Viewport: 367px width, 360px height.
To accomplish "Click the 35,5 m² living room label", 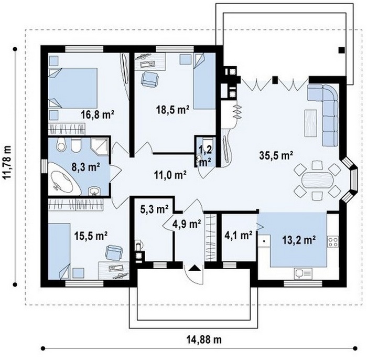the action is click(276, 155).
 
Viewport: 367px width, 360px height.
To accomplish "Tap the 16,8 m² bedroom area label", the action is click(98, 114).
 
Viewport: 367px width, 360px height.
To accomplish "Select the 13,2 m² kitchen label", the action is click(299, 240).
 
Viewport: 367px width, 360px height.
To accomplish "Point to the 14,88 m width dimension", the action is click(204, 339).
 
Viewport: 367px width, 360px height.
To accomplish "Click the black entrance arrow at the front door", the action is click(195, 268).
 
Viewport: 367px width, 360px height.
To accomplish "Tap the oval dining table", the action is click(317, 179).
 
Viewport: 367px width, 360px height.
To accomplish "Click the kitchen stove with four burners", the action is click(333, 242).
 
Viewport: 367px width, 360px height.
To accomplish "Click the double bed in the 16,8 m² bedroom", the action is click(72, 88).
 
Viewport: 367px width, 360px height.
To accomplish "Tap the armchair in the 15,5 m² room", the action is click(114, 252).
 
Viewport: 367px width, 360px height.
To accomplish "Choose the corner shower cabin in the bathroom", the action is click(100, 146).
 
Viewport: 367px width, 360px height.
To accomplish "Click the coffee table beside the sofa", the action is click(311, 123).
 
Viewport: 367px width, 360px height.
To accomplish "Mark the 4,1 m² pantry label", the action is click(239, 235).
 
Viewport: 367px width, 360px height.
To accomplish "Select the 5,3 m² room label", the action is click(155, 209).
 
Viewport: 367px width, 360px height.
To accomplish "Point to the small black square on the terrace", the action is click(341, 50).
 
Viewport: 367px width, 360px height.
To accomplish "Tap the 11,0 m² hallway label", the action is click(170, 175).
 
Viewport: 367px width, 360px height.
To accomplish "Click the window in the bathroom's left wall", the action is click(45, 167).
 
